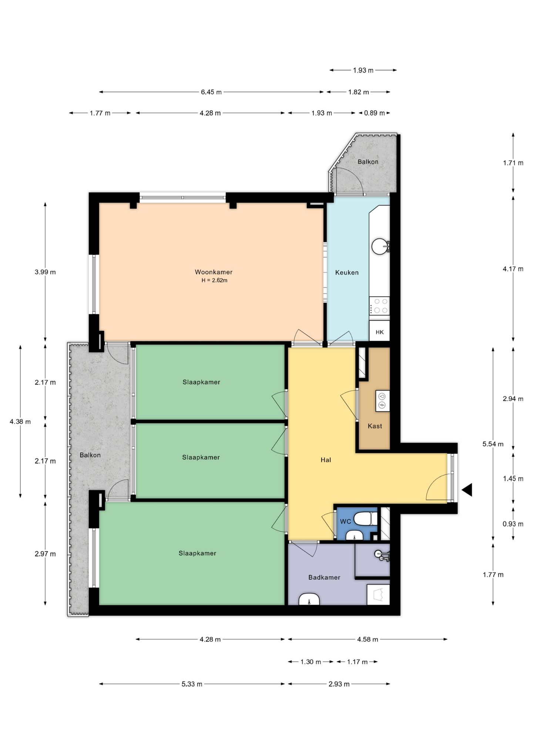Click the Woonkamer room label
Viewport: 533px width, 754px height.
point(214,272)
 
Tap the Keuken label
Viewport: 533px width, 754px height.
point(347,273)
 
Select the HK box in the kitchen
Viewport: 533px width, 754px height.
point(379,331)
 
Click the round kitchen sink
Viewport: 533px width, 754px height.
point(380,246)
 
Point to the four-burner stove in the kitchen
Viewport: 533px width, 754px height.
point(380,306)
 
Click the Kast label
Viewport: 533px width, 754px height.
point(375,426)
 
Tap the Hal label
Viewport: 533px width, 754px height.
point(326,460)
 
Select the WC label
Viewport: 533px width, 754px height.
point(345,522)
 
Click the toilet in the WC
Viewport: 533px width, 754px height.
point(365,518)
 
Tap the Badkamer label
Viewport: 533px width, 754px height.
point(324,577)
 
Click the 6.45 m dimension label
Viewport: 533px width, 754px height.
point(211,92)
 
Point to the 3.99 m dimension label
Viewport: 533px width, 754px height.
point(45,272)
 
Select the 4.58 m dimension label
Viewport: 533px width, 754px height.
point(368,640)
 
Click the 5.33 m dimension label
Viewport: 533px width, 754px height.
point(192,684)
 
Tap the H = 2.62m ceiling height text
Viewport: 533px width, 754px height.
point(214,281)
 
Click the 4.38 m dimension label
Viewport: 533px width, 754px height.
point(20,422)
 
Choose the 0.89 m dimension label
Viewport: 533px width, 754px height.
point(374,113)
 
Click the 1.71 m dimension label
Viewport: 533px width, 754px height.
point(513,163)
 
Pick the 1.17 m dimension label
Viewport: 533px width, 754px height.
point(357,662)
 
